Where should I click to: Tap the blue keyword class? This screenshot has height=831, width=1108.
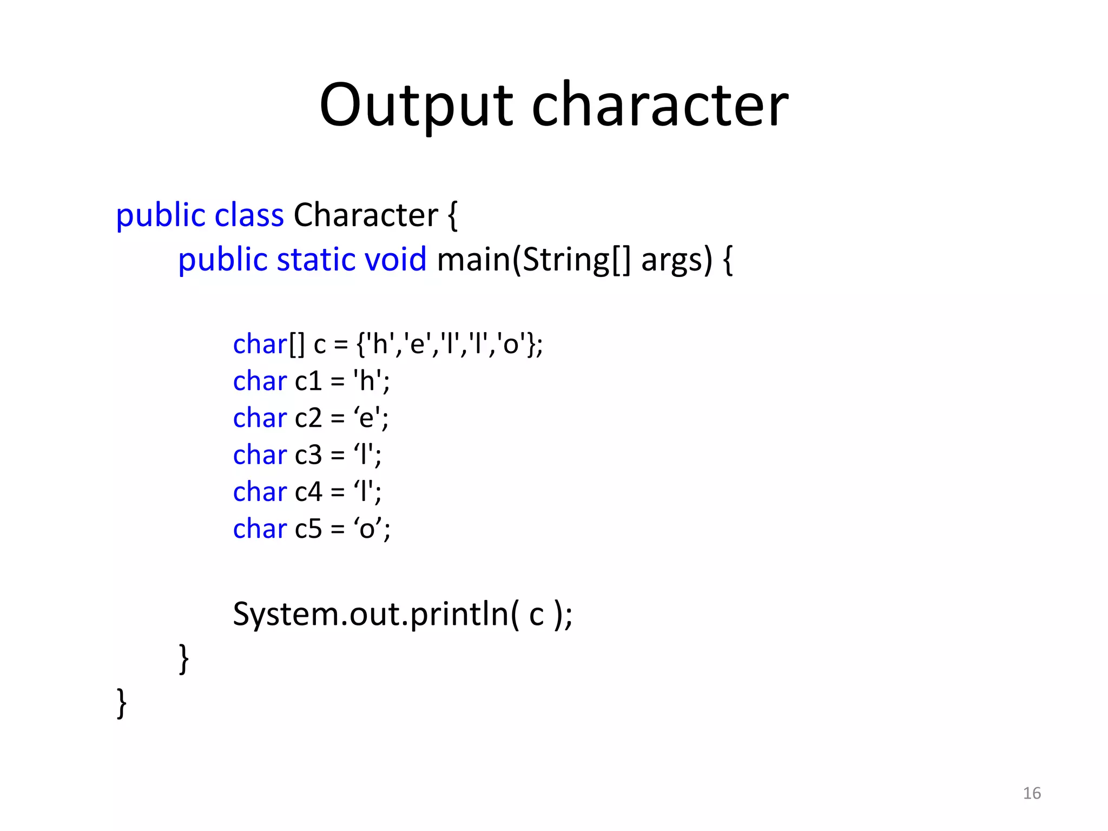click(x=249, y=215)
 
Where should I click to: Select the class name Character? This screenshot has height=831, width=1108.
click(x=366, y=215)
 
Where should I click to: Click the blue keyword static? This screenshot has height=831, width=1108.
click(x=315, y=260)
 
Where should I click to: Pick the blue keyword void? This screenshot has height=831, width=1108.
click(x=395, y=260)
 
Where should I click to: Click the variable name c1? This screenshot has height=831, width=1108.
click(x=308, y=381)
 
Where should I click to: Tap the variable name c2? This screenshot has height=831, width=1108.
click(x=308, y=418)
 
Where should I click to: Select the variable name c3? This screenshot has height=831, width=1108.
click(x=308, y=455)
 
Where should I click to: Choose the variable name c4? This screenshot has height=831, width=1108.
click(x=308, y=492)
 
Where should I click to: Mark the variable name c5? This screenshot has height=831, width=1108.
click(x=308, y=529)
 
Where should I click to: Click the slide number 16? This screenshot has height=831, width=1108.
click(x=1032, y=793)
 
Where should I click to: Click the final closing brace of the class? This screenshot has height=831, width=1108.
click(x=122, y=703)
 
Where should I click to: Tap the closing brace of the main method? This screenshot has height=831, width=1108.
click(x=184, y=658)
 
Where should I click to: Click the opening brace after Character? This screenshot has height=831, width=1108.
click(x=452, y=215)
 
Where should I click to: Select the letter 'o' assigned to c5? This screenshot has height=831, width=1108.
click(x=367, y=529)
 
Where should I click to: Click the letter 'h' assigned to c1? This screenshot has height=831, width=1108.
click(x=367, y=381)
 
